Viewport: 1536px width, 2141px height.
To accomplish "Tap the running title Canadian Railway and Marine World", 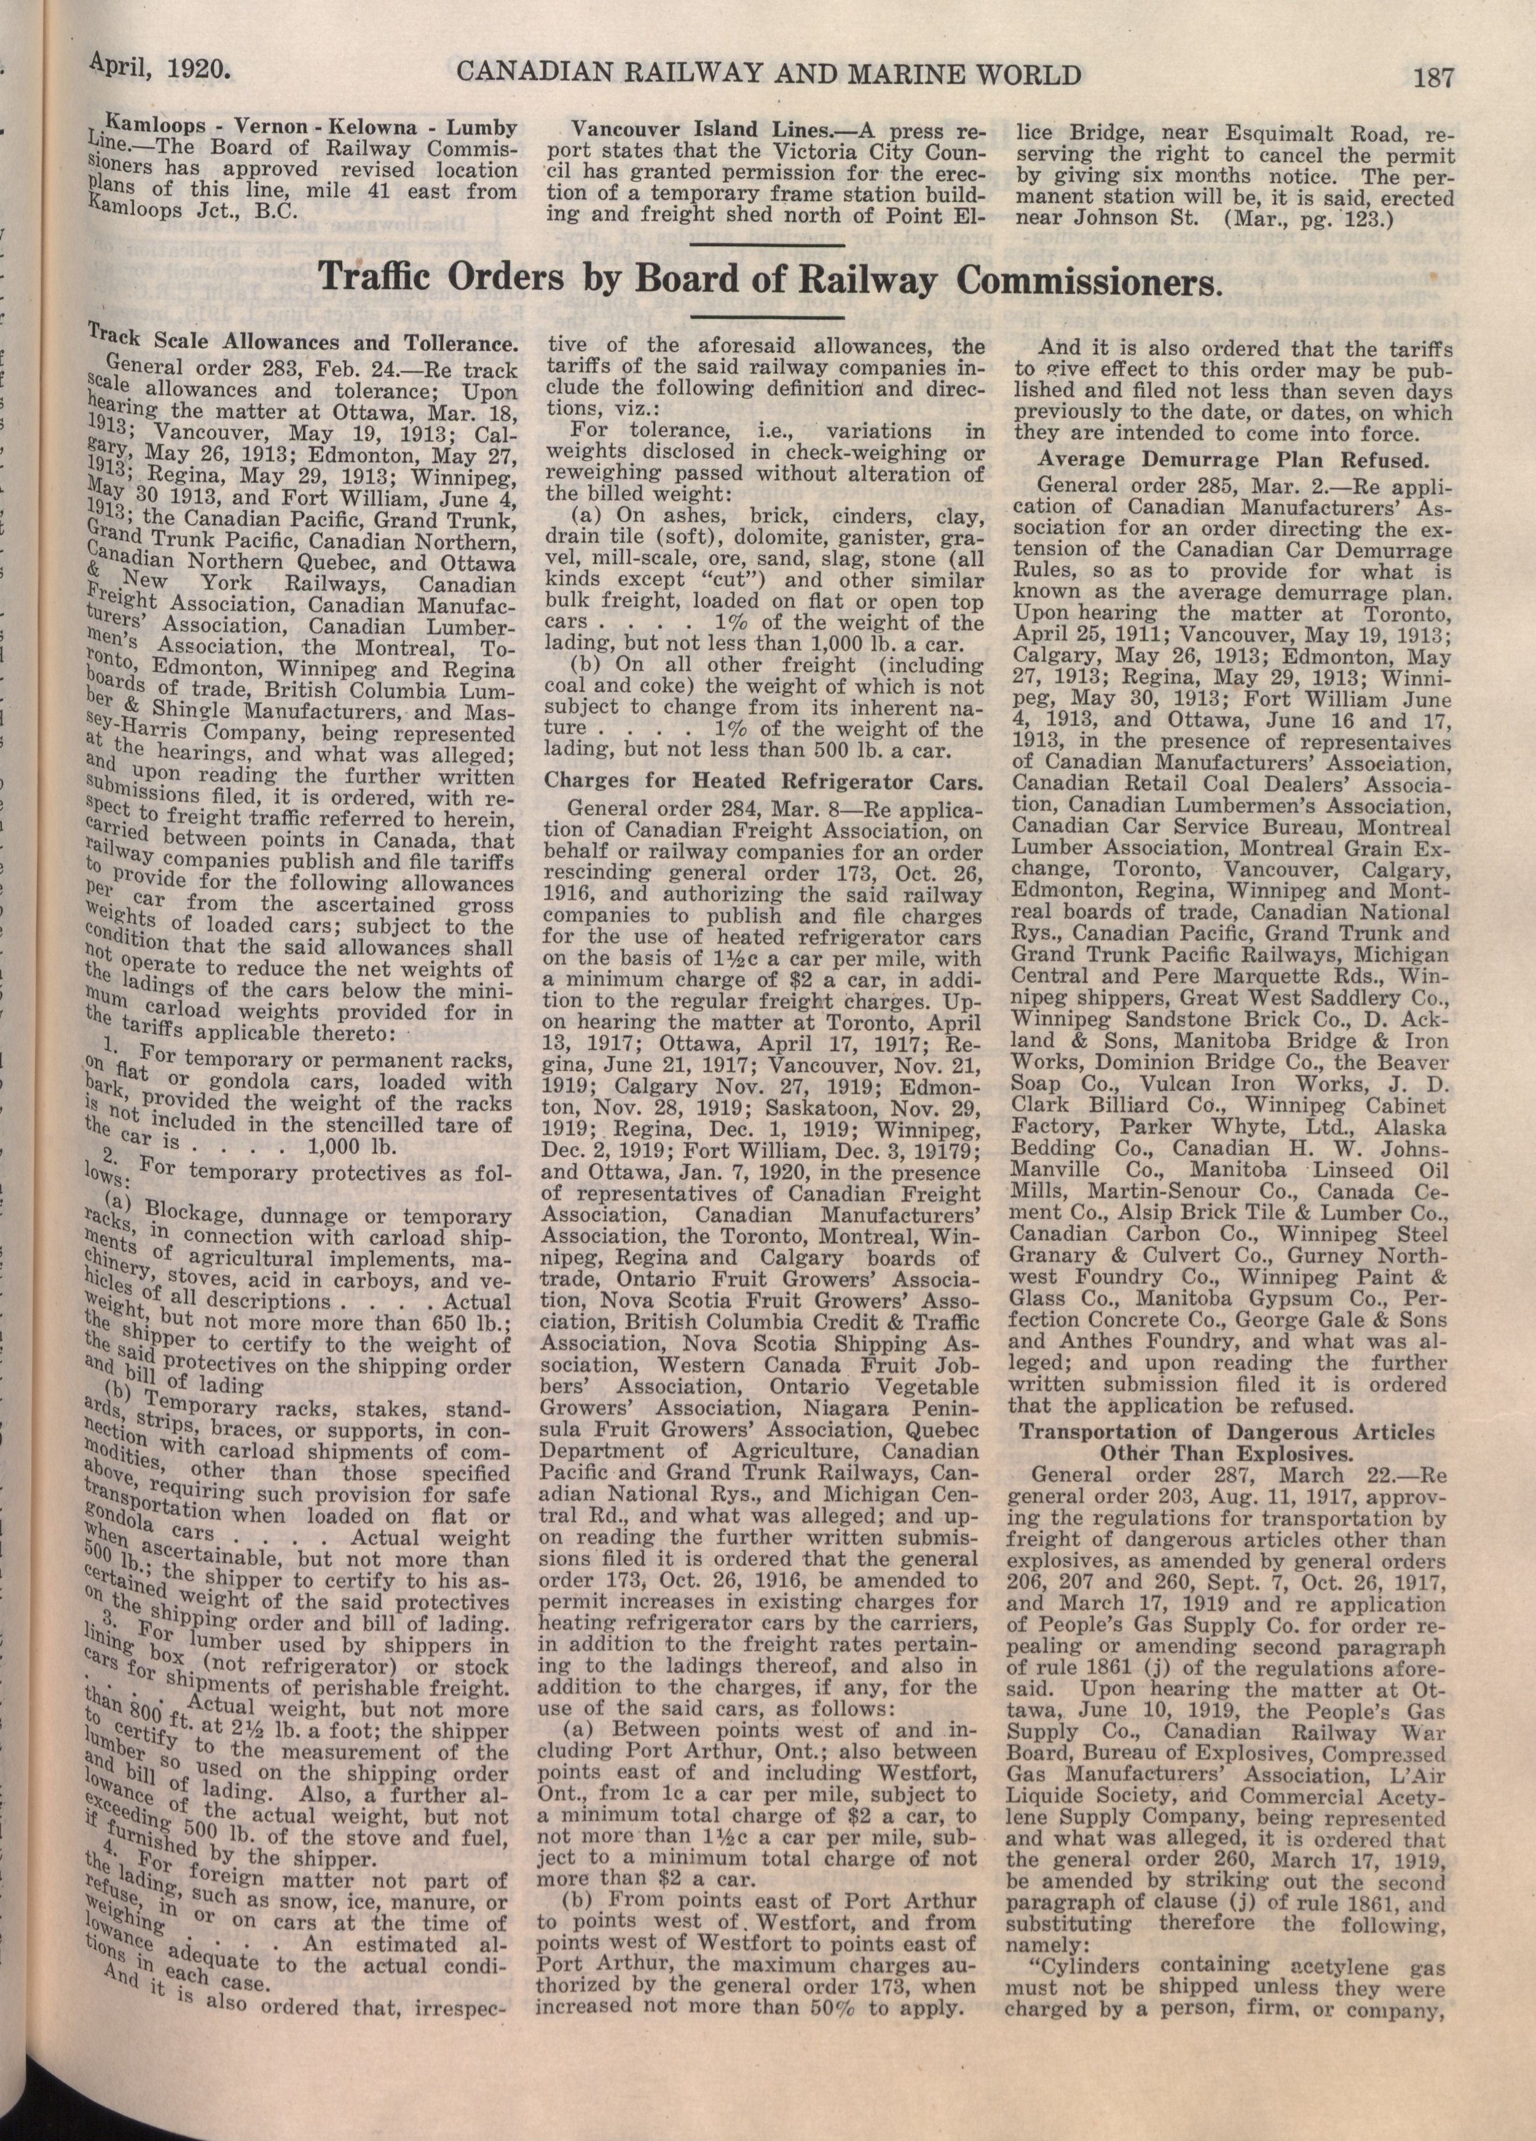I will (768, 74).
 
